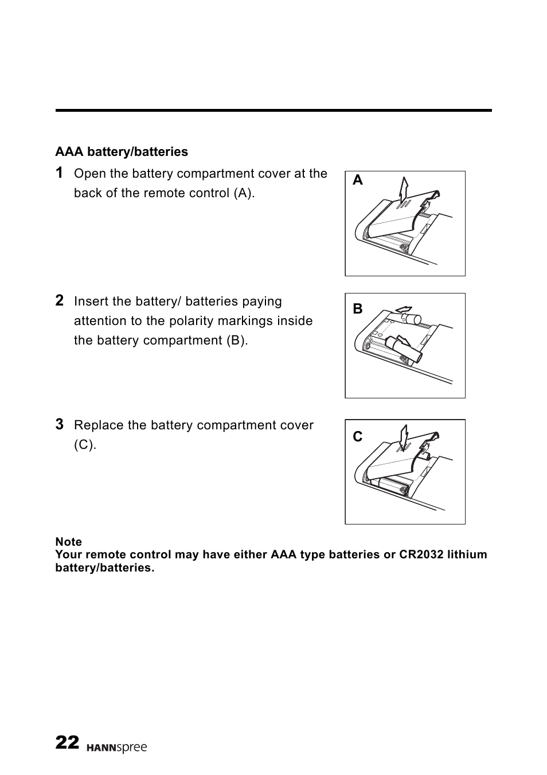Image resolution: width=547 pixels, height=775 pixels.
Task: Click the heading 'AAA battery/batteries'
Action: click(x=122, y=152)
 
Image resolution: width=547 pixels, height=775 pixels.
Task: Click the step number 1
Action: click(x=60, y=173)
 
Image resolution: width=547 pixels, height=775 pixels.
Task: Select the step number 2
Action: click(x=60, y=300)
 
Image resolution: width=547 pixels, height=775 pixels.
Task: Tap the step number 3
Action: click(x=60, y=424)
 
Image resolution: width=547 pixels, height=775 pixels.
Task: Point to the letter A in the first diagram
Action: click(x=358, y=181)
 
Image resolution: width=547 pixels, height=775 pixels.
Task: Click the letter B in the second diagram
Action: click(x=358, y=309)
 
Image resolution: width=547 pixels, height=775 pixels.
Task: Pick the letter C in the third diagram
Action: click(x=358, y=437)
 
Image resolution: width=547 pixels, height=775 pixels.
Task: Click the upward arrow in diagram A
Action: click(x=405, y=191)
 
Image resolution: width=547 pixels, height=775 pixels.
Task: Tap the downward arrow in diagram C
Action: click(x=404, y=438)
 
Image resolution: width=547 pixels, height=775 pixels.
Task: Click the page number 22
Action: click(x=67, y=743)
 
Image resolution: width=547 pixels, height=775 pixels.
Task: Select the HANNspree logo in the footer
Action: click(x=116, y=748)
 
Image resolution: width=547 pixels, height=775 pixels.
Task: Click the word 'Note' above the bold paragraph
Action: click(x=69, y=542)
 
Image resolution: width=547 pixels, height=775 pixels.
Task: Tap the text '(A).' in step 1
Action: click(x=244, y=193)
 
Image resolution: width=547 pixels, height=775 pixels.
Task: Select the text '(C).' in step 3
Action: click(x=85, y=445)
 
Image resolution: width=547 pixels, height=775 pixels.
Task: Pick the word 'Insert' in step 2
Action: click(x=91, y=302)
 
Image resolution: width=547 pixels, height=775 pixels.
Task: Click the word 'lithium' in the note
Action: click(x=467, y=554)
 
